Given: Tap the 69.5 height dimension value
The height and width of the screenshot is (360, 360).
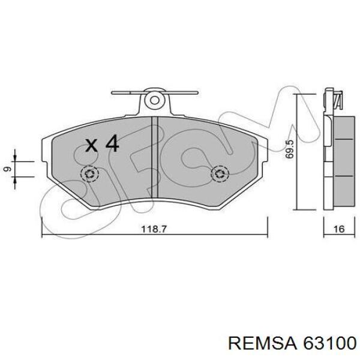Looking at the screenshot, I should (x=290, y=149).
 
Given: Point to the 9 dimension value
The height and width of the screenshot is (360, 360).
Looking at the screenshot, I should (x=7, y=169).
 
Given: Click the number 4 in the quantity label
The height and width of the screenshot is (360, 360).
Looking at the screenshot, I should (x=112, y=144).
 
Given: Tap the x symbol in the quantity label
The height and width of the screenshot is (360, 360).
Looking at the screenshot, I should (x=91, y=145).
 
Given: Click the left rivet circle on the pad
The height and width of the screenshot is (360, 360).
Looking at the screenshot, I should (x=90, y=173).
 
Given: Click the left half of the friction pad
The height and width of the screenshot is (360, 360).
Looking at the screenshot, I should (x=102, y=180).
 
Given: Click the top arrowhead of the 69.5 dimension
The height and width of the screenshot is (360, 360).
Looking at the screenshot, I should (x=297, y=97).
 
